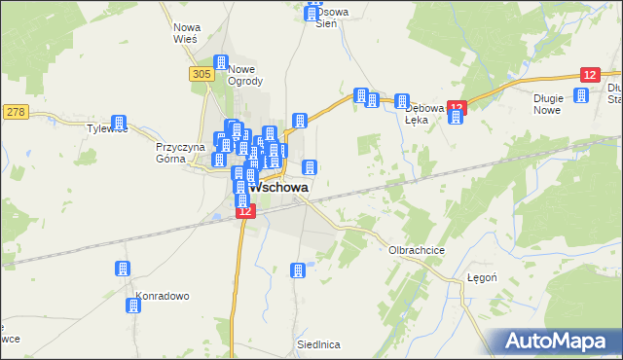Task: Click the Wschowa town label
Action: tap(280, 187)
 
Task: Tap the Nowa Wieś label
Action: tap(185, 33)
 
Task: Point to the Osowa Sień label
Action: tap(326, 18)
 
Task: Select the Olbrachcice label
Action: tap(417, 250)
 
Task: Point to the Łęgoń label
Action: tap(482, 276)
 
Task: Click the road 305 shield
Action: tap(202, 74)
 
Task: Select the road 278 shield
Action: tap(14, 112)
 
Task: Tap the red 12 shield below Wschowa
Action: tap(244, 210)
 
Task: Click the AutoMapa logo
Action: tap(559, 341)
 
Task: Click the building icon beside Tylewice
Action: tap(120, 123)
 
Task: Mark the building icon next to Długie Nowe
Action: tap(581, 95)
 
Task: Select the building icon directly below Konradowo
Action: tap(132, 306)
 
